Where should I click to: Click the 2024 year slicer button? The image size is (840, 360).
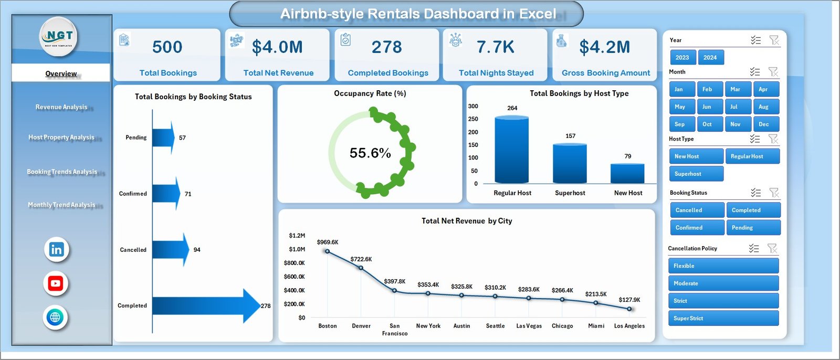(710, 58)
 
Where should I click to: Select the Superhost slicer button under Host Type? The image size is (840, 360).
(696, 174)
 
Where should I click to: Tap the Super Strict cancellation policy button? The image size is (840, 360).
(723, 318)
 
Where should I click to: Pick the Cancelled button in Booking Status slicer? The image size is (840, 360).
(697, 210)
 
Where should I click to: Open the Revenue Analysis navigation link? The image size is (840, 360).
(61, 107)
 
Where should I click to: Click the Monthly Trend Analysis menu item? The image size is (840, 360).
(61, 205)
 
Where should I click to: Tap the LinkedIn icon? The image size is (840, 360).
(56, 249)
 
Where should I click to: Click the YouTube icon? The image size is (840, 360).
(56, 283)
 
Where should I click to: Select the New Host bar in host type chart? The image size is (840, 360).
(627, 173)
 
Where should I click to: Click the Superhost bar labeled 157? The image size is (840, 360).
(570, 163)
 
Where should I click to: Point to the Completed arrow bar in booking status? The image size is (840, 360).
(205, 306)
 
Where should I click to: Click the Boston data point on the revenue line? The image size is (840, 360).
(328, 251)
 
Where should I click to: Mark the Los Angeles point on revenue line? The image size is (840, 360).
(629, 309)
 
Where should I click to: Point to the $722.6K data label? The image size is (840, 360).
(361, 259)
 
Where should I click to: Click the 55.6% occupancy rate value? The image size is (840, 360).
(370, 153)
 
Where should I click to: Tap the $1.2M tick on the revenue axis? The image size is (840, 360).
(297, 236)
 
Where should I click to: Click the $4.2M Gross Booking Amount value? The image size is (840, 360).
(604, 47)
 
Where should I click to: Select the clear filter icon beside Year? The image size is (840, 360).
(774, 40)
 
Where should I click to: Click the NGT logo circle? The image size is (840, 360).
(59, 37)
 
